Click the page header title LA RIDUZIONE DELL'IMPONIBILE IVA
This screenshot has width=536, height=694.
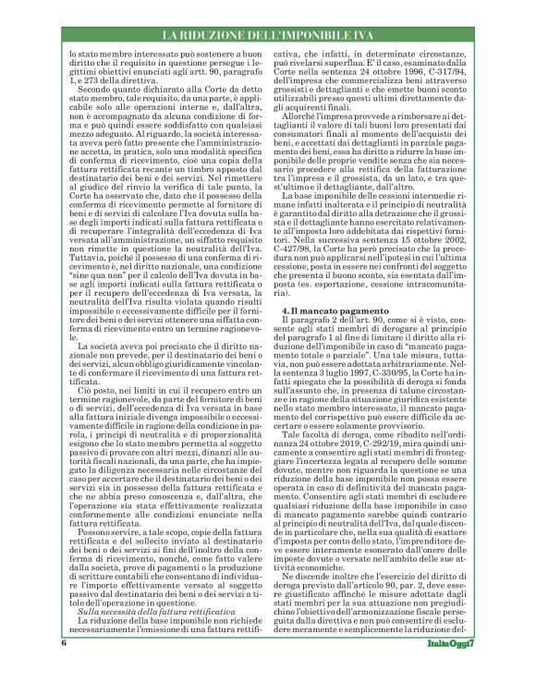pyautogui.click(x=267, y=36)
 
